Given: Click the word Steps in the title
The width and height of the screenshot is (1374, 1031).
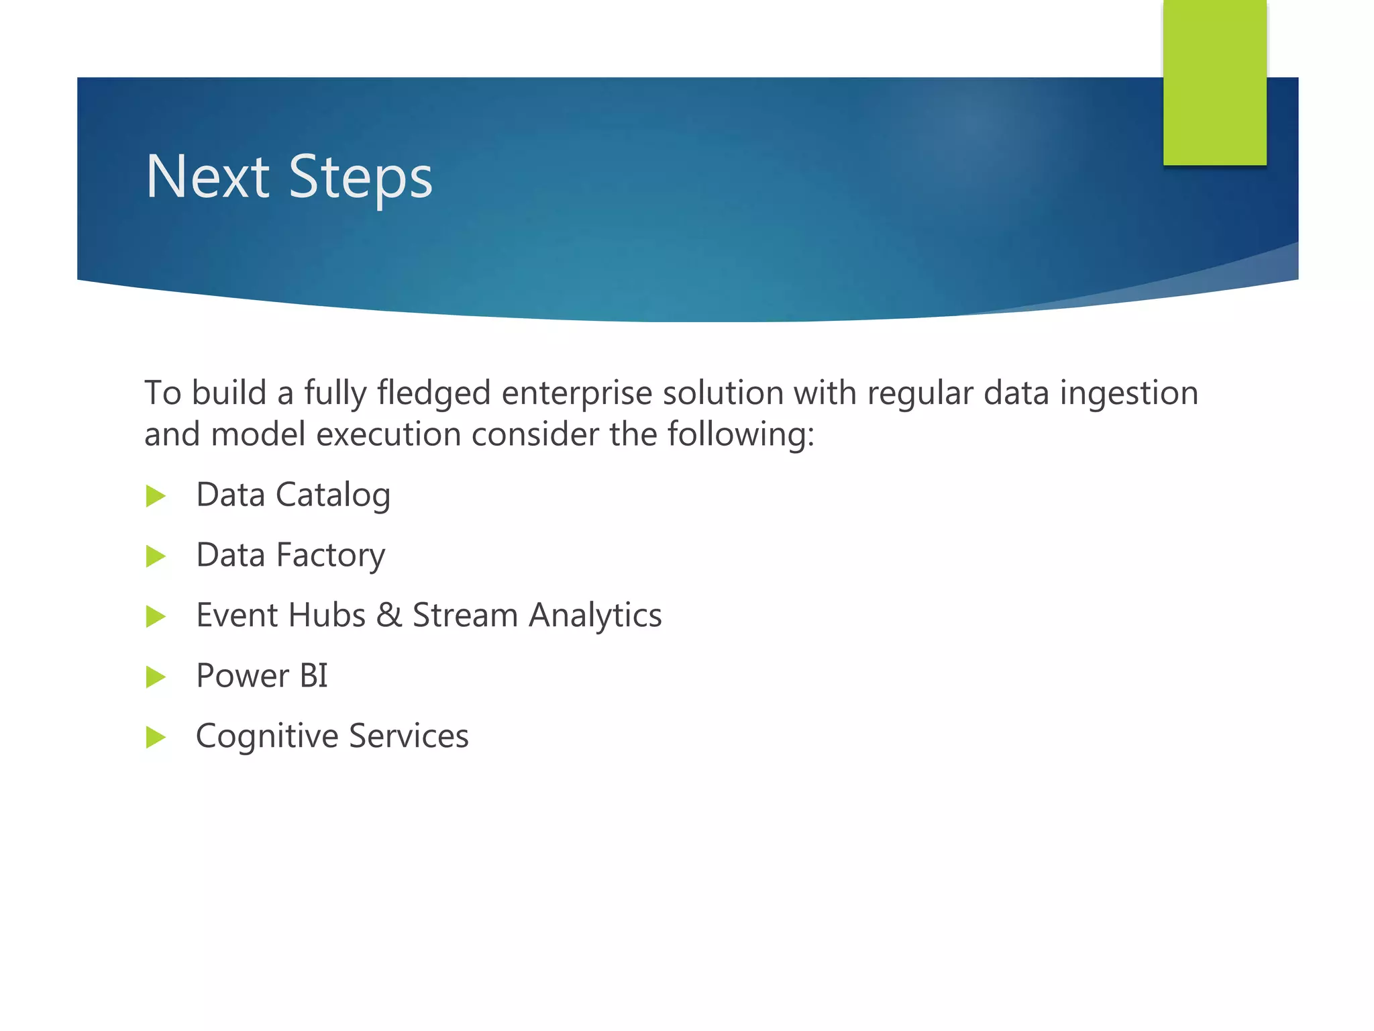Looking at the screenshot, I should pyautogui.click(x=360, y=178).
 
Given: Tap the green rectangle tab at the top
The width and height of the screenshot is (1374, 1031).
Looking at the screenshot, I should pyautogui.click(x=1214, y=83).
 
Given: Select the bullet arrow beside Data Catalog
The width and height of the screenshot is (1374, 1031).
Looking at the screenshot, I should pyautogui.click(x=156, y=496).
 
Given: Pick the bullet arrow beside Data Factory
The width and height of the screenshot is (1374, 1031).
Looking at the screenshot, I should pyautogui.click(x=156, y=556).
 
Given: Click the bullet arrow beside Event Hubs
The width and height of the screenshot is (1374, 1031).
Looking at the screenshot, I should pyautogui.click(x=156, y=616).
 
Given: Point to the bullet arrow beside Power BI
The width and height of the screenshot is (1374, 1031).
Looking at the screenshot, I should pyautogui.click(x=156, y=677).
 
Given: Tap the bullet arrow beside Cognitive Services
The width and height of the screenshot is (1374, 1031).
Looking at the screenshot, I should pyautogui.click(x=156, y=737).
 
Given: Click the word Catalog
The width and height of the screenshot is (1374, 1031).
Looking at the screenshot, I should pyautogui.click(x=333, y=496).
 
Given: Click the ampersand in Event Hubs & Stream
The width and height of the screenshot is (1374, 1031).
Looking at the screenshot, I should pyautogui.click(x=388, y=616).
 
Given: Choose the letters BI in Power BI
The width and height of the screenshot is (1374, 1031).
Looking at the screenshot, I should pyautogui.click(x=313, y=676).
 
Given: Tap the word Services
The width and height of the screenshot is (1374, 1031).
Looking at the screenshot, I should pyautogui.click(x=409, y=736).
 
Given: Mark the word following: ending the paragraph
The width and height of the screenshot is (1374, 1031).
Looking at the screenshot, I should pyautogui.click(x=741, y=435).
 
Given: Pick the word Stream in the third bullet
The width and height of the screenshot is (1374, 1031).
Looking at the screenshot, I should pyautogui.click(x=464, y=616).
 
